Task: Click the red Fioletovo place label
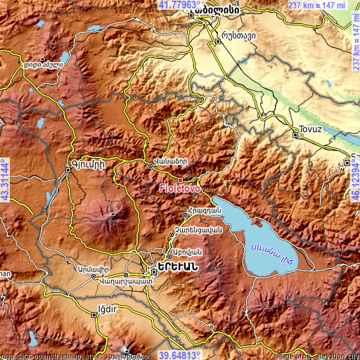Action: (x=180, y=188)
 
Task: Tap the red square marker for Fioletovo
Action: (x=180, y=180)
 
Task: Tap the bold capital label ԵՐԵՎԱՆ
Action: (x=176, y=269)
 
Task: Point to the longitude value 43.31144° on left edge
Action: (x=5, y=179)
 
